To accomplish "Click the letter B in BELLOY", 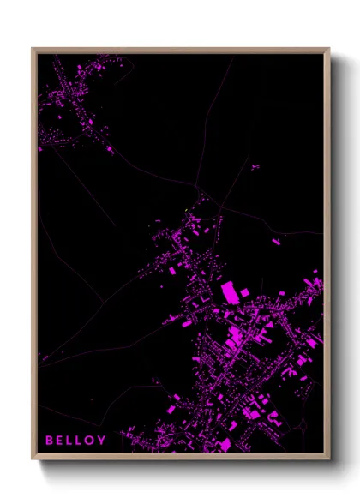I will pos(50,441).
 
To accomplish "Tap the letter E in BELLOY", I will pos(61,441).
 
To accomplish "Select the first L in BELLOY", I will pos(72,441).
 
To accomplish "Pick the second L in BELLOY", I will pos(82,441).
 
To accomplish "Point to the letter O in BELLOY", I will pos(93,441).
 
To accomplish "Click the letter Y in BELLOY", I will pos(104,441).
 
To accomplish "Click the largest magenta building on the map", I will pos(230,292).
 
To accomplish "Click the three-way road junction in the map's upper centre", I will pos(198,187).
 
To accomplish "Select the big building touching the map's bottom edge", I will pos(225,446).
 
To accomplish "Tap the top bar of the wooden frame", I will pos(181,50).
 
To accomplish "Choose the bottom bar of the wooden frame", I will pos(181,457).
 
